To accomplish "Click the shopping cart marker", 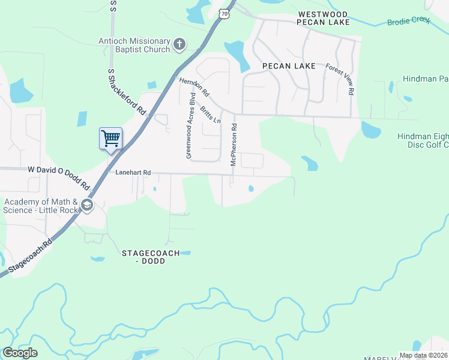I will (110, 139).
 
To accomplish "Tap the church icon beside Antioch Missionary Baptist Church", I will (179, 44).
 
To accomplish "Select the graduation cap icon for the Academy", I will (87, 206).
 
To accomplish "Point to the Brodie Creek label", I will (409, 21).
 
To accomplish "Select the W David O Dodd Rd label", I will (58, 178).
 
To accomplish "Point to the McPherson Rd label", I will (234, 145).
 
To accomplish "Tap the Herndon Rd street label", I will (193, 87).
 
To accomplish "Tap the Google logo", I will (20, 353).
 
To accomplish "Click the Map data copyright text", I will (423, 355).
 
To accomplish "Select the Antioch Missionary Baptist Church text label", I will (134, 46).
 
